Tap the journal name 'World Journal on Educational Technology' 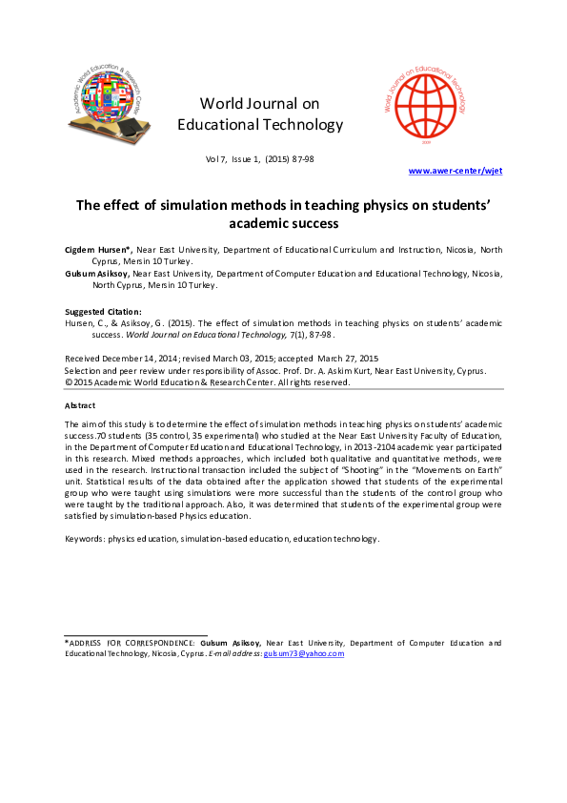coord(260,113)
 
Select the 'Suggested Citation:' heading coord(102,312)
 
